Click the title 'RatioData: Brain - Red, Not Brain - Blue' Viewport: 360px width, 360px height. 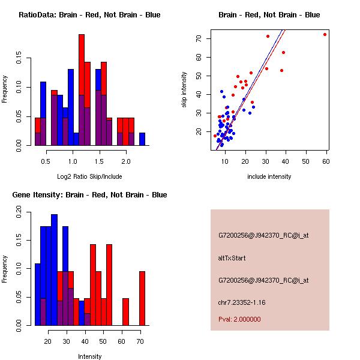[89, 14]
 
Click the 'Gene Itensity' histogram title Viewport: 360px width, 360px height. [89, 194]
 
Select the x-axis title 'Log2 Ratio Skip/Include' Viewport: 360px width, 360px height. [89, 176]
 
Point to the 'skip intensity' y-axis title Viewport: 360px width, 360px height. [184, 90]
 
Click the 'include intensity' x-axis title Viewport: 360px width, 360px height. [269, 176]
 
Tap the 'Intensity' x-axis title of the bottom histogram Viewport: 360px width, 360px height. [89, 356]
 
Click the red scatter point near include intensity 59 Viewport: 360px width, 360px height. [325, 34]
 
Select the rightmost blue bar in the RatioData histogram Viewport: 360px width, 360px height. [142, 139]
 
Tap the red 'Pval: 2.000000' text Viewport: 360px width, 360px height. [239, 319]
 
